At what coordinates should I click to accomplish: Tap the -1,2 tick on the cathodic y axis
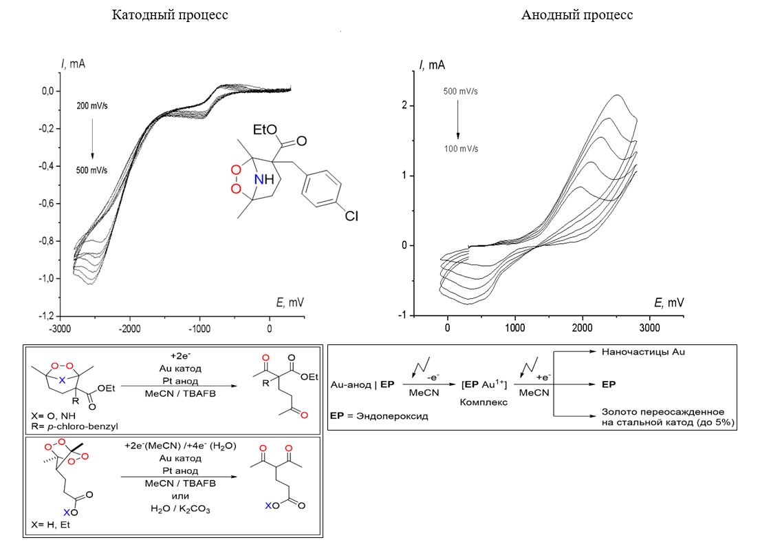45,315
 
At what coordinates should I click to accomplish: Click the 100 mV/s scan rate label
460,149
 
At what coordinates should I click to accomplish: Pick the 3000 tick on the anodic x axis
649,327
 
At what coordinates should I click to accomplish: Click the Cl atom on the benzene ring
351,217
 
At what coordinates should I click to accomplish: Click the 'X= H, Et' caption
50,524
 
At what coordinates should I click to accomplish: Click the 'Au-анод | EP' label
362,382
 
